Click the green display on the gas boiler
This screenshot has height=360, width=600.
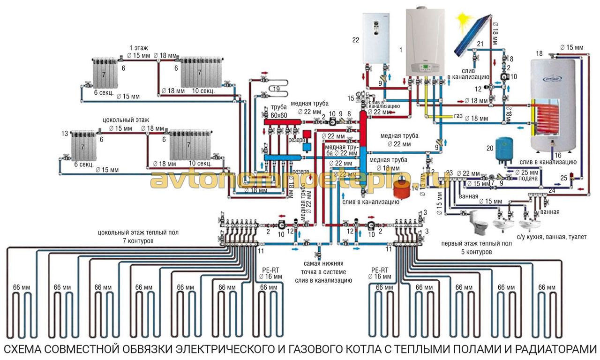coord(424,68)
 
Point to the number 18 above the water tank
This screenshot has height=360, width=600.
coord(539,53)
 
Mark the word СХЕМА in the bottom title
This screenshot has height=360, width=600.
coord(28,349)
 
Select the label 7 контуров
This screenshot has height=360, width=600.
coord(130,240)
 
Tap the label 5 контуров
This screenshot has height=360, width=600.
coord(475,252)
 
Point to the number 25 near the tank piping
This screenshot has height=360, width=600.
coord(563,178)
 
